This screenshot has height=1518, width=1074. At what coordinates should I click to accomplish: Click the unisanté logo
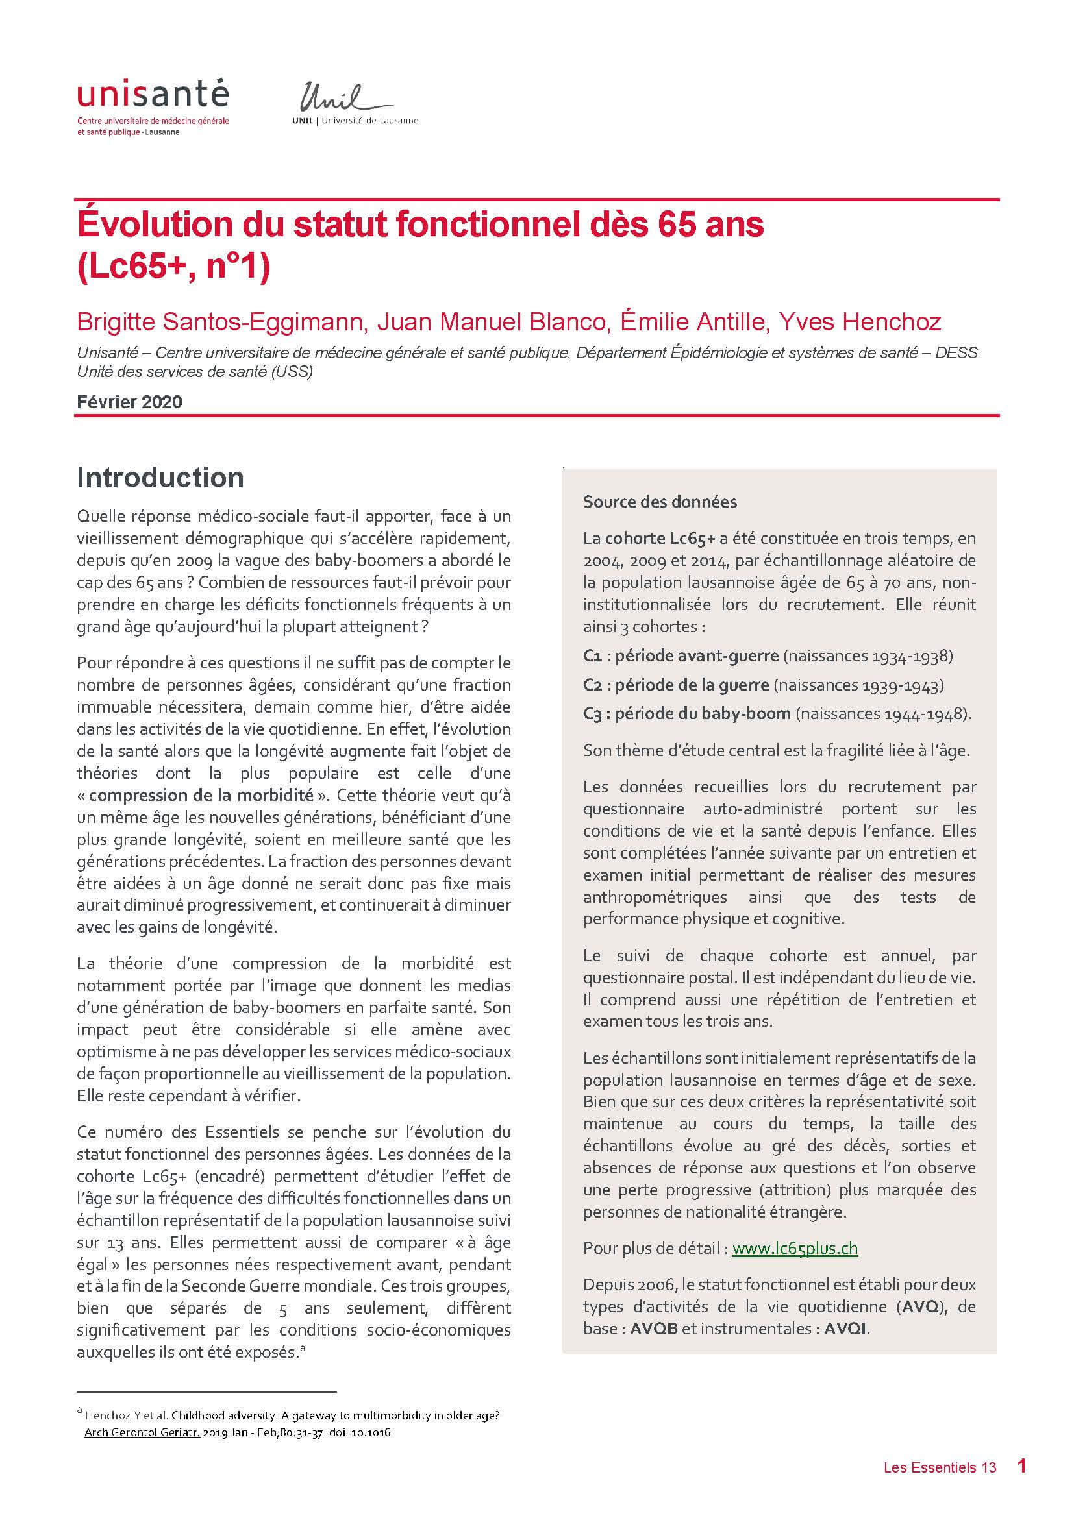point(153,96)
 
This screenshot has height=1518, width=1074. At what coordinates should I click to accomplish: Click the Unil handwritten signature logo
point(338,99)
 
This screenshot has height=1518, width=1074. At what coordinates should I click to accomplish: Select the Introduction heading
point(160,478)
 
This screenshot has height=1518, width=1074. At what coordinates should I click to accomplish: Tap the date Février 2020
point(130,402)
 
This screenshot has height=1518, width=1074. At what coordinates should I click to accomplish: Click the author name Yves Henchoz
point(859,322)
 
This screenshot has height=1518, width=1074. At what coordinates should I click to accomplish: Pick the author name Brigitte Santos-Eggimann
point(220,322)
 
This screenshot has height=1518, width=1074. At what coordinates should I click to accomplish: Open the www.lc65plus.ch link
point(795,1248)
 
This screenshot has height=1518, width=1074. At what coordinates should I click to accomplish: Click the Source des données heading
point(659,502)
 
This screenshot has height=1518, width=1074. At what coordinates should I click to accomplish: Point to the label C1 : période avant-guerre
point(681,656)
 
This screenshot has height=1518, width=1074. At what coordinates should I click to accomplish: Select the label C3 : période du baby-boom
point(686,714)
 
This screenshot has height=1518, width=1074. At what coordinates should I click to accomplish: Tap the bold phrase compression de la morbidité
point(201,796)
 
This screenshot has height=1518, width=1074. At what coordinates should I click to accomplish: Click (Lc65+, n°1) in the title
point(174,268)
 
